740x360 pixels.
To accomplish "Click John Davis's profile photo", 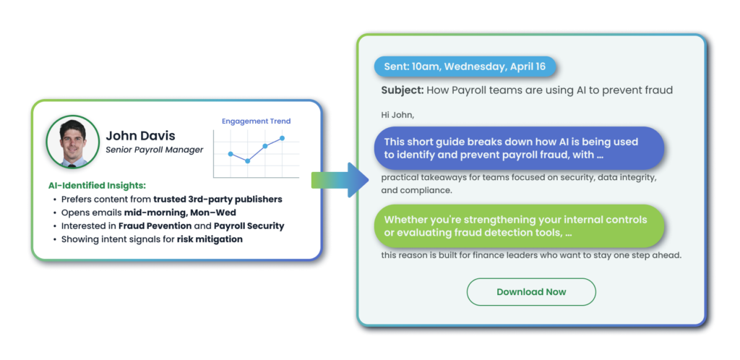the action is coord(73,142).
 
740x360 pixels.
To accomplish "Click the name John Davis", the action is coord(140,136).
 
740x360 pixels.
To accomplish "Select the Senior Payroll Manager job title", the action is coord(155,150).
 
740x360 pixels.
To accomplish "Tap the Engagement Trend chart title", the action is coord(257,121).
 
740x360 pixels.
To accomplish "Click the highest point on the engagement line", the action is coord(283,138).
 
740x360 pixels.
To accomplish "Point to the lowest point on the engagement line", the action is coord(247,161).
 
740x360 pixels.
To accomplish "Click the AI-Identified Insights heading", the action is coord(98,186).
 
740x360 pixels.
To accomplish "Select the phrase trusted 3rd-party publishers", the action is coord(218,199).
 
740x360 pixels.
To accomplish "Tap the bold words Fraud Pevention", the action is coord(155,226).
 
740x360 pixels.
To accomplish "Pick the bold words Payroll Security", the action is coord(249,226).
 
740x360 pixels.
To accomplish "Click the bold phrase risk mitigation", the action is coord(210,239).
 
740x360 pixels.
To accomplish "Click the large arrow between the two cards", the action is coord(340,180).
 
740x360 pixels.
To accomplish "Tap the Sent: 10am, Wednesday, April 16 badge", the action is coord(465,67).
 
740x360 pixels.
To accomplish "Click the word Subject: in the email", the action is coord(403,90).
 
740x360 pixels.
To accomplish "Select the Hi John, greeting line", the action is coord(397,115).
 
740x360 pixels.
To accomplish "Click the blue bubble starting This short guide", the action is coord(519,148).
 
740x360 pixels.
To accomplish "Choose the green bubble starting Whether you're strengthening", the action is coord(519,226).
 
